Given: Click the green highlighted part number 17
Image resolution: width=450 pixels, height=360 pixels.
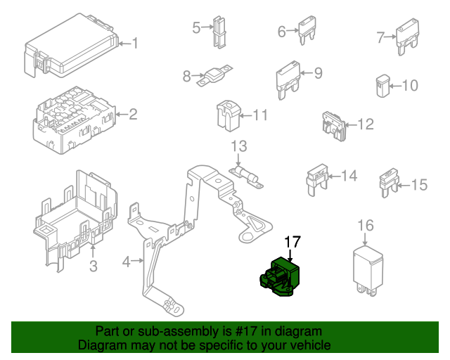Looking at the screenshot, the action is [x=281, y=277].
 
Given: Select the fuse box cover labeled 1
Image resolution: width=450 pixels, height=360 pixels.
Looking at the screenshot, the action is [x=71, y=46].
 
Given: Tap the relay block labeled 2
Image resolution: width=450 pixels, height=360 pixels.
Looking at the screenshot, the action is [x=75, y=120].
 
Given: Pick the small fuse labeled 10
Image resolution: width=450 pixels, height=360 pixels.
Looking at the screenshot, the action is [x=382, y=86].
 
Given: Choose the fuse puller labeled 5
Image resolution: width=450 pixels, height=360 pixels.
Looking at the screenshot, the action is [x=219, y=32].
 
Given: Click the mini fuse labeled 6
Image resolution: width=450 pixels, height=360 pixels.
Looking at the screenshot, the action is [x=307, y=30].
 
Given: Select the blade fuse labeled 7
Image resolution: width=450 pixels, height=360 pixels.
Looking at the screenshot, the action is [x=408, y=36].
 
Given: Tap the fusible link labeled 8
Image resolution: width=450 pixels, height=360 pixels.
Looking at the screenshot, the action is [x=214, y=75].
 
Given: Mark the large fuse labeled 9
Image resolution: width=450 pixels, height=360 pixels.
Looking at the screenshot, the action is [x=288, y=80].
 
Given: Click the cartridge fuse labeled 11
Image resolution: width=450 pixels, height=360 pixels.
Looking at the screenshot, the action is [x=229, y=115].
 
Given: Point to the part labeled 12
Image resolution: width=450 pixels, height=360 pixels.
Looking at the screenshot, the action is [x=334, y=127].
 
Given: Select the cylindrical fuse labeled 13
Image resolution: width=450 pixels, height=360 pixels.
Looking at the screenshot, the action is [x=246, y=177].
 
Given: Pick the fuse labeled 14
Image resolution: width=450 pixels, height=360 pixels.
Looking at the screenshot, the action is [x=317, y=180].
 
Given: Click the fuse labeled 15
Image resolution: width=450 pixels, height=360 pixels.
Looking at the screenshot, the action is [x=389, y=183].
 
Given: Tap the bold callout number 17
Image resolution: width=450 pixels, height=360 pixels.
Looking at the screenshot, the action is [x=292, y=242].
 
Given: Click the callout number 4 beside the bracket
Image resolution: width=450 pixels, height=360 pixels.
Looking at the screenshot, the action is [x=127, y=262].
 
